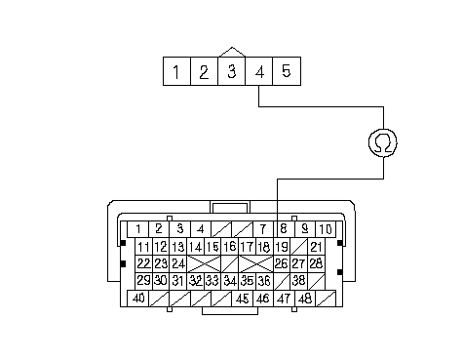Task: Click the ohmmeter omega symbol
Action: pyautogui.click(x=383, y=142)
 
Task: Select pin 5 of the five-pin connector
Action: pyautogui.click(x=287, y=71)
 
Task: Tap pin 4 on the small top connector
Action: pyautogui.click(x=259, y=71)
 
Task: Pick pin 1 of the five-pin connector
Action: pyautogui.click(x=176, y=71)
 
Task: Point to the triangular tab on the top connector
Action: pyautogui.click(x=232, y=52)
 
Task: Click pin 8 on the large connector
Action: pyautogui.click(x=284, y=229)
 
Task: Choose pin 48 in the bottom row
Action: pyautogui.click(x=305, y=299)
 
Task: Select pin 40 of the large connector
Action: pyautogui.click(x=138, y=299)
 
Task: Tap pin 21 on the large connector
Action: pyautogui.click(x=316, y=247)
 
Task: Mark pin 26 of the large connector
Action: pyautogui.click(x=282, y=263)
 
